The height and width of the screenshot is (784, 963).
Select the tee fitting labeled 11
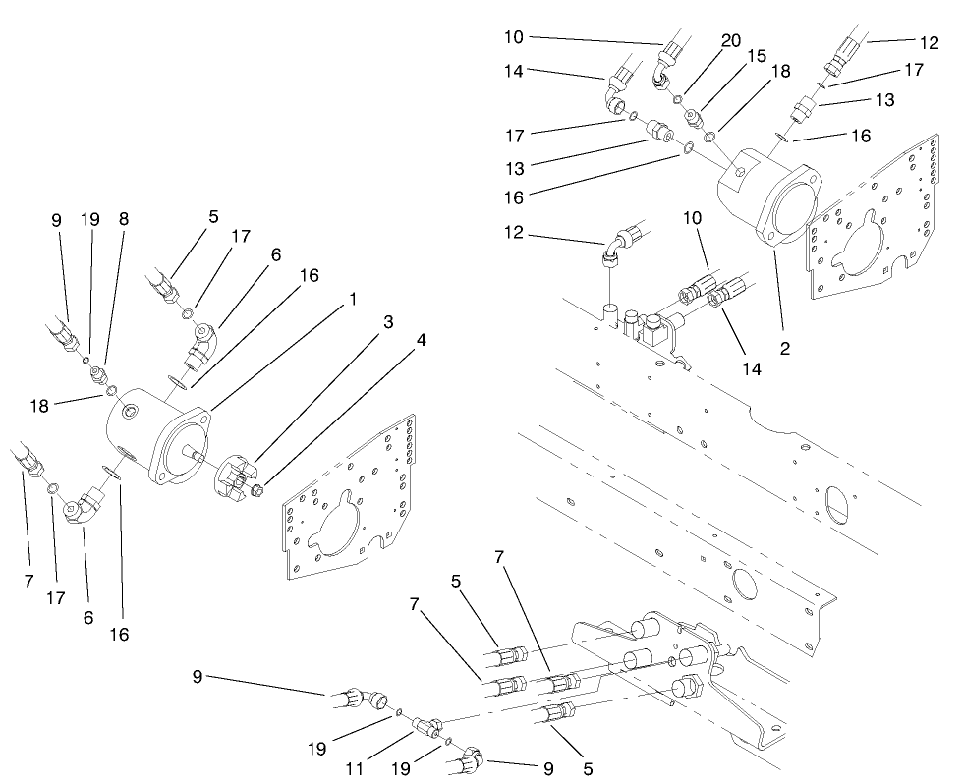425,728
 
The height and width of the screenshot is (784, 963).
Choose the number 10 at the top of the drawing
515,37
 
